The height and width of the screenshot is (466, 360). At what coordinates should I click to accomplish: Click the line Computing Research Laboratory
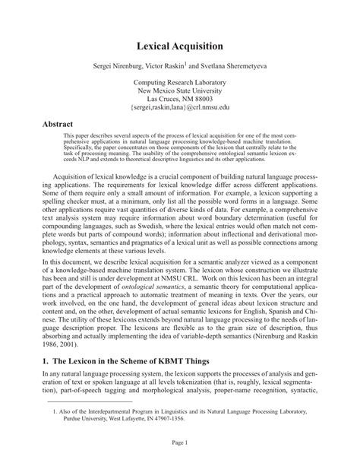[179, 81]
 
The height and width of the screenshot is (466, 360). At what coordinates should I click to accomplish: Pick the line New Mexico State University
[179, 90]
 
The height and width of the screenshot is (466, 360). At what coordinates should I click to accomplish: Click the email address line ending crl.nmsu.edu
[179, 108]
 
